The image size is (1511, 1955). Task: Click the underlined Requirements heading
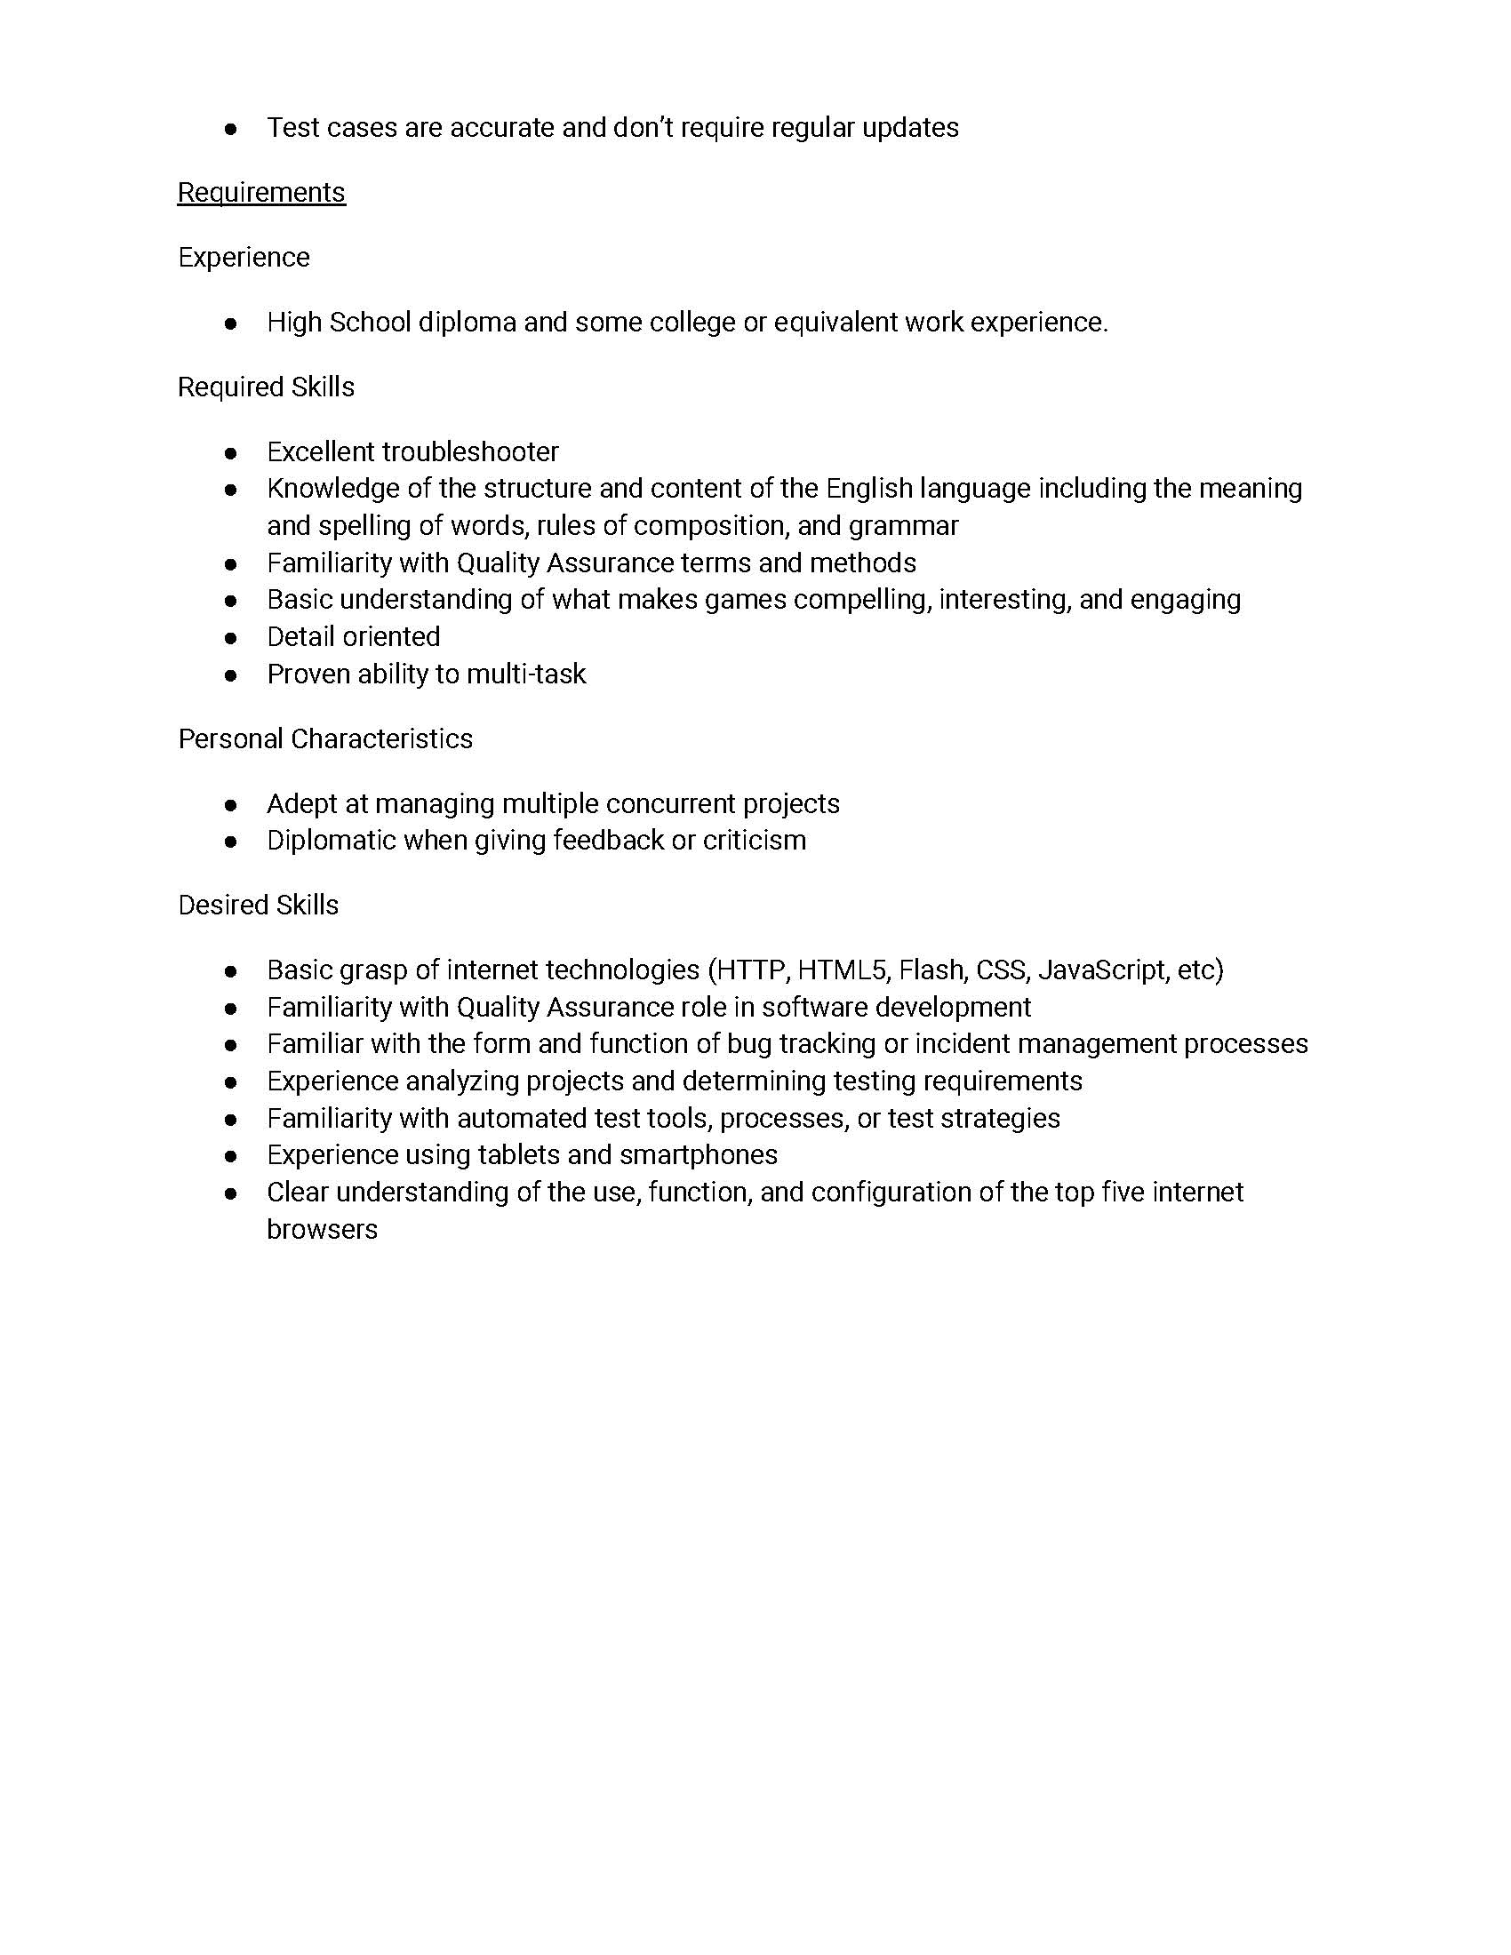(260, 193)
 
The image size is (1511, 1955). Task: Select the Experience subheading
(244, 258)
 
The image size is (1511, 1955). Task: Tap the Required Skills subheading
(266, 387)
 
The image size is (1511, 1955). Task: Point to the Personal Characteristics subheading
(325, 738)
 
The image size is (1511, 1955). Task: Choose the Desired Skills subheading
(258, 905)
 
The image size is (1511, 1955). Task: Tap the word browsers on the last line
(323, 1229)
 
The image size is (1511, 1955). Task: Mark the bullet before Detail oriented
(231, 638)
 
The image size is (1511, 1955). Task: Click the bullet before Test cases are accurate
(231, 129)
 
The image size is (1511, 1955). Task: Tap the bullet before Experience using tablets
(231, 1156)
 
